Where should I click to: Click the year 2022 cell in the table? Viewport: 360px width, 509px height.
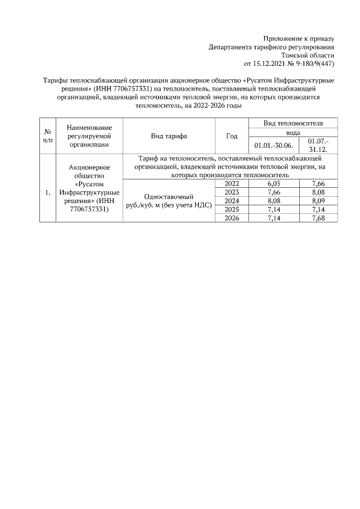(x=232, y=184)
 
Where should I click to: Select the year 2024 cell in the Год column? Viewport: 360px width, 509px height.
(x=232, y=201)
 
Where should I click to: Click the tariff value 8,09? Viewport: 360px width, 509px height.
(x=318, y=201)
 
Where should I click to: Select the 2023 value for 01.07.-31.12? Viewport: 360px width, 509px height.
(x=318, y=192)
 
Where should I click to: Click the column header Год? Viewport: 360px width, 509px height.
(x=232, y=136)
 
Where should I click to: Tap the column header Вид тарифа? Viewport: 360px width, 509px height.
(x=169, y=136)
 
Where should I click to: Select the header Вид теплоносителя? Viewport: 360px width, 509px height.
(x=293, y=123)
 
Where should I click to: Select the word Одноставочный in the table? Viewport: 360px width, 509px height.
(x=169, y=197)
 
